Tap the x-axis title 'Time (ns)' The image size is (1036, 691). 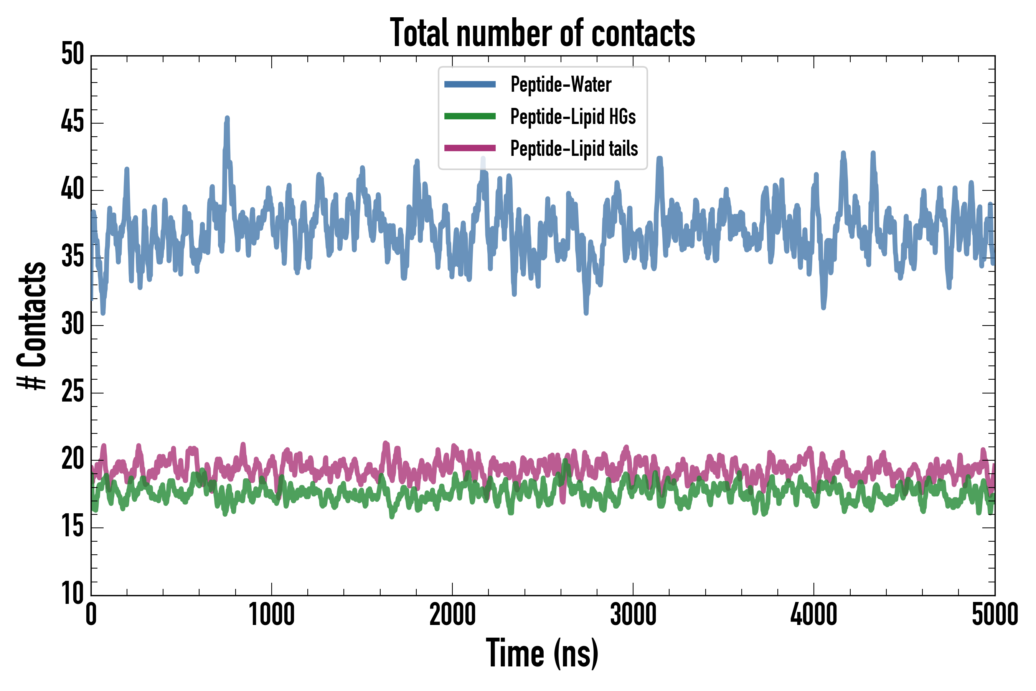[x=542, y=653]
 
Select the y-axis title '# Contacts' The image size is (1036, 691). [x=32, y=326]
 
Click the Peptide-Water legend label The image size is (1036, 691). [x=561, y=84]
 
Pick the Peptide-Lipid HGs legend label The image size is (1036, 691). [x=572, y=116]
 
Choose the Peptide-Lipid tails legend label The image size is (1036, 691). [x=574, y=149]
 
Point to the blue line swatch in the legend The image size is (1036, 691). [x=470, y=84]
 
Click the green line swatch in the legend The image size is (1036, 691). [x=470, y=116]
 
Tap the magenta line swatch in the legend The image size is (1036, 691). [x=470, y=148]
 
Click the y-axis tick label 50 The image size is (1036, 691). [x=72, y=55]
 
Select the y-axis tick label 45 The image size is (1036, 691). [x=72, y=122]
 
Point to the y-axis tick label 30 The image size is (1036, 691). [x=72, y=325]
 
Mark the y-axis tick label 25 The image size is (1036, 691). [x=72, y=392]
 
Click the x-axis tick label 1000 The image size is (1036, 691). [x=271, y=614]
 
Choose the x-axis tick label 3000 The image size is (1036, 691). [x=633, y=614]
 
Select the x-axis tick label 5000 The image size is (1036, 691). [x=995, y=614]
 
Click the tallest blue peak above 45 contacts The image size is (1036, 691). [x=227, y=119]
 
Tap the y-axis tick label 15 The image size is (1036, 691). [x=72, y=527]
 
